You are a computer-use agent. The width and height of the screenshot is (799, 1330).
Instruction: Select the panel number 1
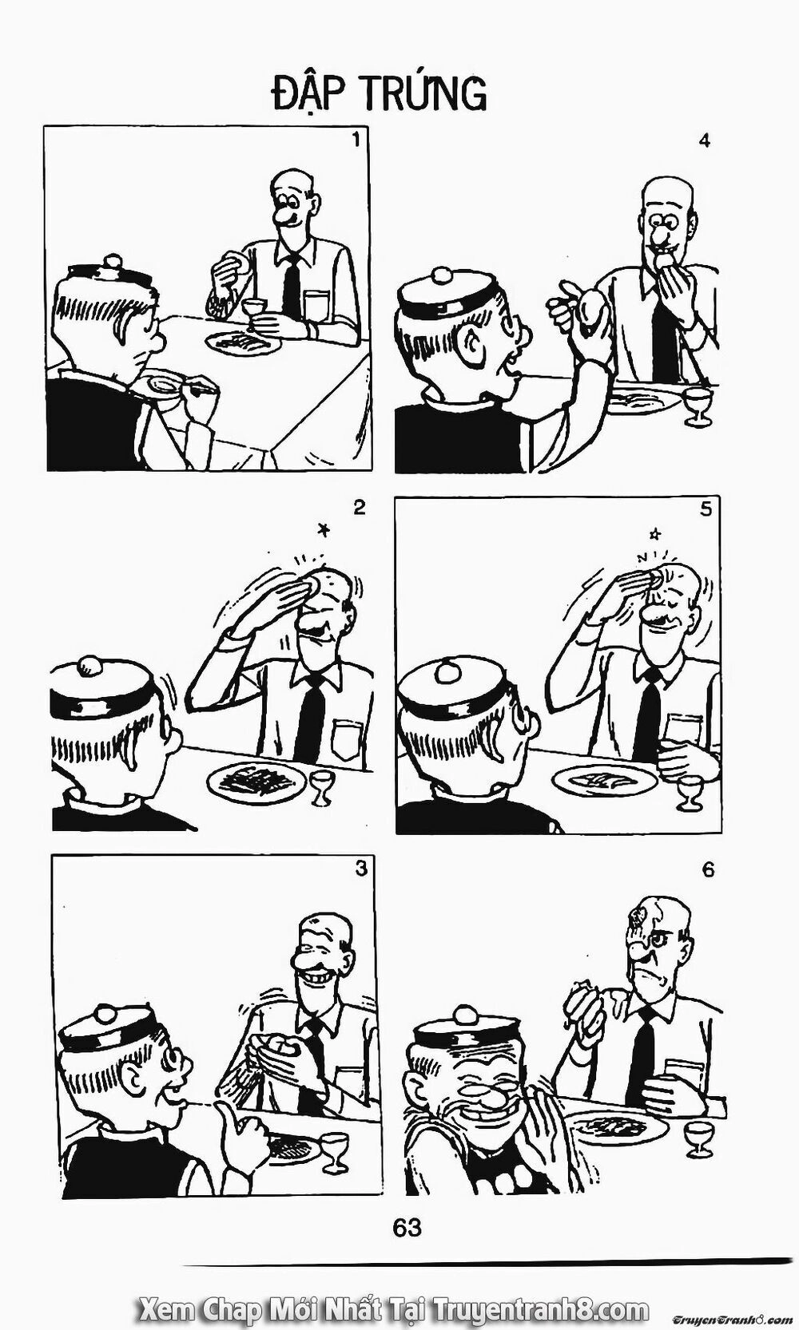pos(356,141)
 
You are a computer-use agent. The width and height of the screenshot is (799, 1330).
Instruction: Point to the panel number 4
pos(704,141)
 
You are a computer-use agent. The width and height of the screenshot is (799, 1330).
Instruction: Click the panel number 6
pos(708,869)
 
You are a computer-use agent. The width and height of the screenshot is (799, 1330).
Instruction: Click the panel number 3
pos(360,869)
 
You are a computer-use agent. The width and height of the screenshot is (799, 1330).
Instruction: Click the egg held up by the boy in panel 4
pos(593,314)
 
